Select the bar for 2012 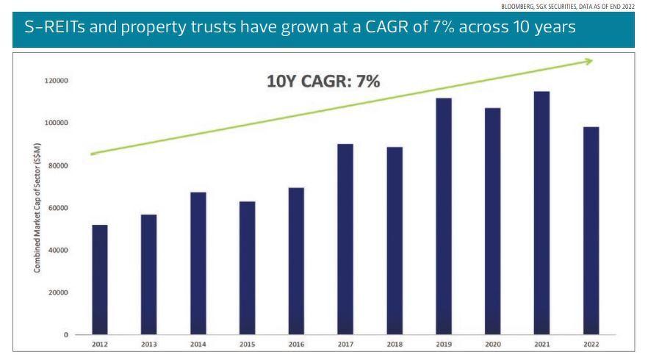[x=99, y=279]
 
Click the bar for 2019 [x=444, y=216]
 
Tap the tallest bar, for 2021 [x=541, y=213]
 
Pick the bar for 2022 [x=591, y=231]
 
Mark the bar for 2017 [x=345, y=239]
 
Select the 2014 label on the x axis [x=198, y=343]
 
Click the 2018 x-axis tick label [x=395, y=343]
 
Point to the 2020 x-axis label [x=492, y=343]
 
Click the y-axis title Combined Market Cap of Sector [x=37, y=207]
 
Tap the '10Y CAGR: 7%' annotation [x=323, y=81]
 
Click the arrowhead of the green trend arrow [x=588, y=61]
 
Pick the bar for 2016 [x=296, y=261]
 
